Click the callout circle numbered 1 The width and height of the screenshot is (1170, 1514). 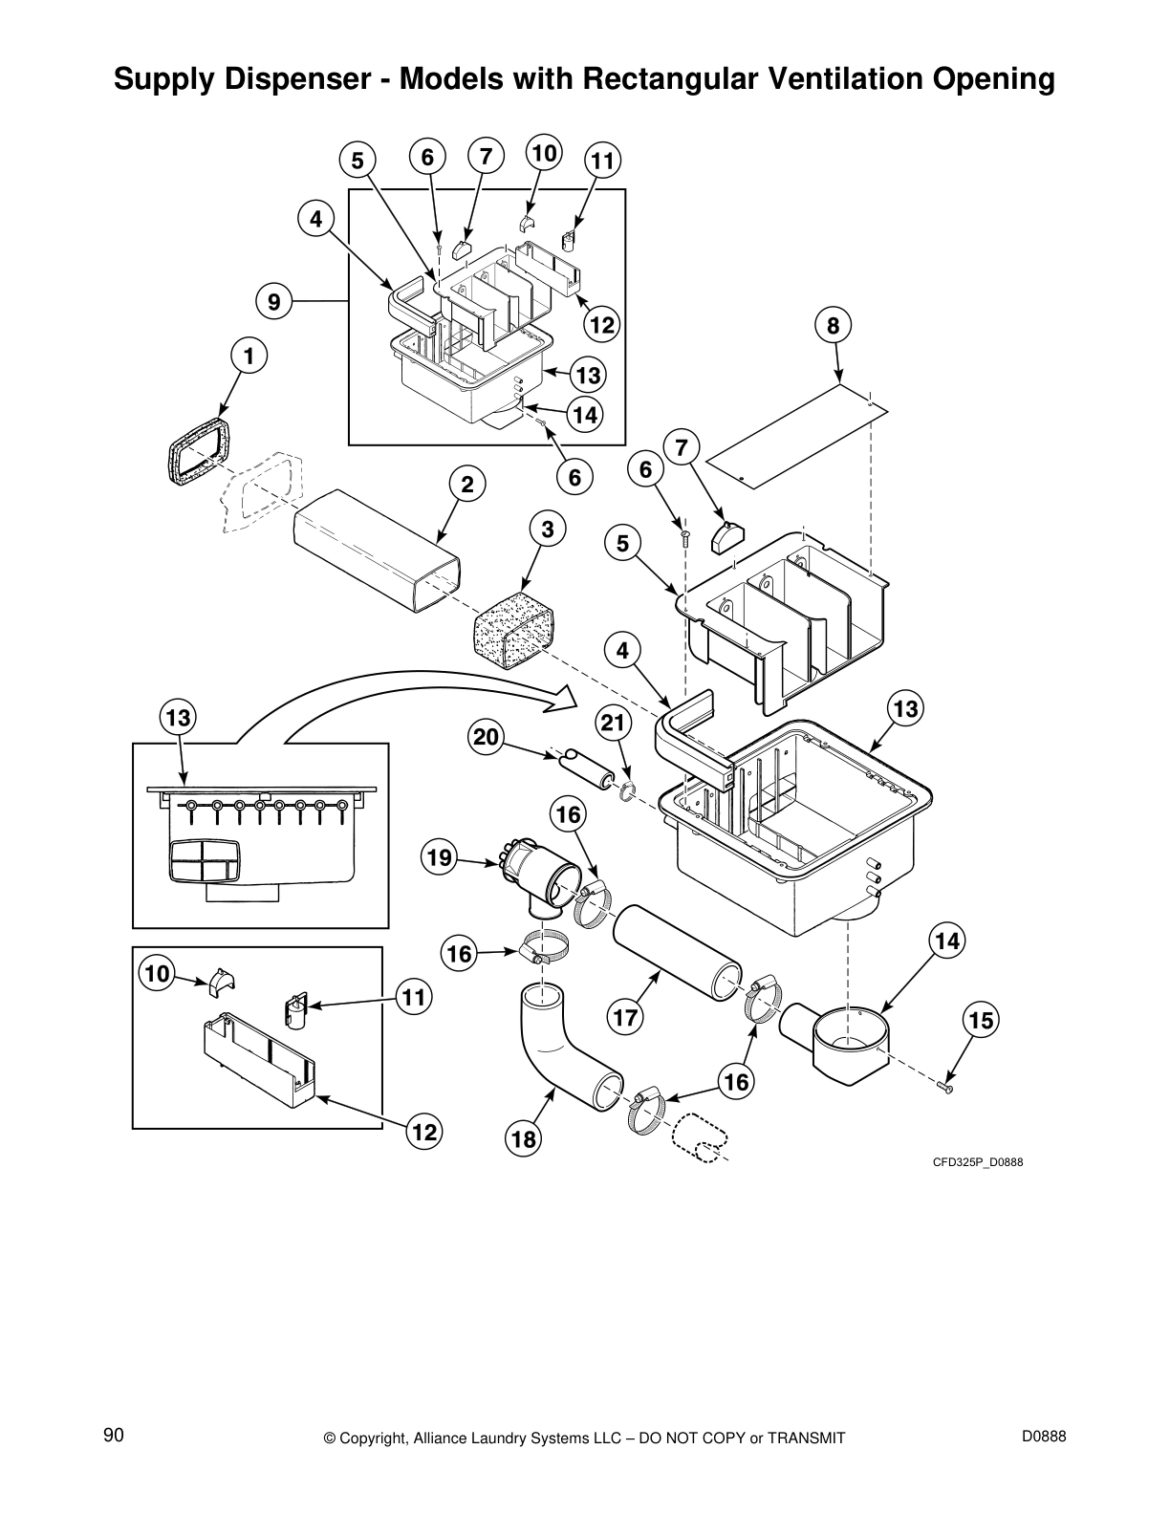pos(249,357)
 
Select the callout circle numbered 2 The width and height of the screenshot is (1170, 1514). pos(466,485)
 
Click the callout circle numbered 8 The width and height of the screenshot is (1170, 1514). pos(833,326)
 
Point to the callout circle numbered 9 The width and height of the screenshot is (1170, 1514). pos(274,302)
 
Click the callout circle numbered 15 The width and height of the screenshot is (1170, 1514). pos(980,1021)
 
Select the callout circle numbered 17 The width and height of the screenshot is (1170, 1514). pos(625,1017)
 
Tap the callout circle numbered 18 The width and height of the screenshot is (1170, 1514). pos(524,1138)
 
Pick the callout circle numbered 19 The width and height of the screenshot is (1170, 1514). pos(439,857)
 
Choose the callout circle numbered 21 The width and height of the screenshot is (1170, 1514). pos(614,724)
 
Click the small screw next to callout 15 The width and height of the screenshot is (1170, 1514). pos(946,1089)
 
